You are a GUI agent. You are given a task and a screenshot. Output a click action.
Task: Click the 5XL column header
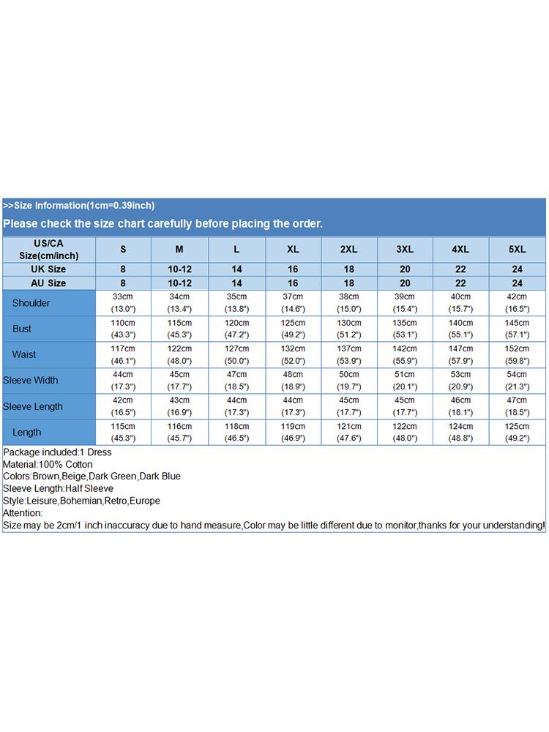click(517, 250)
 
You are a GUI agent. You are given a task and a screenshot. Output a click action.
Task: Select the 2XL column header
click(349, 250)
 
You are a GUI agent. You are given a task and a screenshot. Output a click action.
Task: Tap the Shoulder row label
click(31, 303)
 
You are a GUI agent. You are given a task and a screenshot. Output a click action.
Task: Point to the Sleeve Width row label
click(31, 381)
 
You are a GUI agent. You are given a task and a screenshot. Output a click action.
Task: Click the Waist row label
click(24, 355)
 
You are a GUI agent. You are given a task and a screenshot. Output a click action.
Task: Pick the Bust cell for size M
click(179, 329)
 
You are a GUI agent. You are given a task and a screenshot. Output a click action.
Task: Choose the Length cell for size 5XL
click(517, 433)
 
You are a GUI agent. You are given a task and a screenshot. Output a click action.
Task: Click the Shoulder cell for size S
click(123, 303)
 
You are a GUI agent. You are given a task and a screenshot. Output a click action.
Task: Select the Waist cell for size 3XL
click(405, 355)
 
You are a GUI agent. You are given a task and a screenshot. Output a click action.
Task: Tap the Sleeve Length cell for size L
click(236, 406)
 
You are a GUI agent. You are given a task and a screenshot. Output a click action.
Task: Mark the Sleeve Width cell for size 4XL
click(461, 381)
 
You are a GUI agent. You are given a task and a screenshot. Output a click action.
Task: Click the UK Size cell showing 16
click(293, 269)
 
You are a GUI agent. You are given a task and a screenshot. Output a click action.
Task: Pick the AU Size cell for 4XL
click(461, 283)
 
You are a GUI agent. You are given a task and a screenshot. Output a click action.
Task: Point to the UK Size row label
click(48, 269)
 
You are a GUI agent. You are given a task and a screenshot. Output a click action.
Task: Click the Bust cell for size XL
click(293, 329)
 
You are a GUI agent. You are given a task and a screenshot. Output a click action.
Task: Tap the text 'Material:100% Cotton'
click(48, 464)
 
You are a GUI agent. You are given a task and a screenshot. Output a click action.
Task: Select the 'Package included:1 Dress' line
click(56, 452)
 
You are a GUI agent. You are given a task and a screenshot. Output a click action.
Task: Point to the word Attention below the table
click(23, 513)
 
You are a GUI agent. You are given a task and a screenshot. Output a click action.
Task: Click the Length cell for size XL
click(293, 433)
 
